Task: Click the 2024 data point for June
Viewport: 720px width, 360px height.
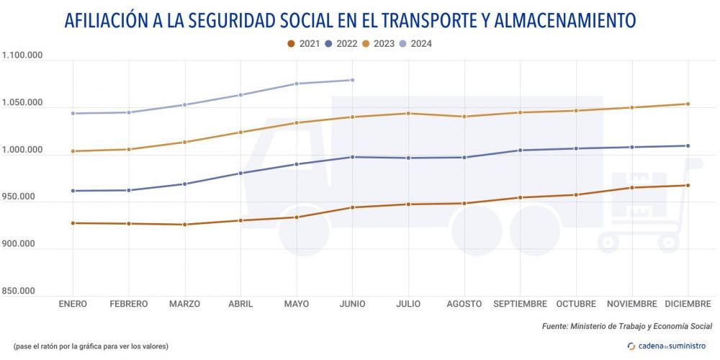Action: (352, 80)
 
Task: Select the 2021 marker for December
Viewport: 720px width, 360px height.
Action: (688, 186)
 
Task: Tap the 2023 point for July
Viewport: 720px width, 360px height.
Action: (408, 113)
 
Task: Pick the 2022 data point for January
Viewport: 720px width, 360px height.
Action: (73, 191)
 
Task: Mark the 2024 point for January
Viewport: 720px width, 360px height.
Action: (73, 113)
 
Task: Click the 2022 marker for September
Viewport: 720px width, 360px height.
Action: (520, 150)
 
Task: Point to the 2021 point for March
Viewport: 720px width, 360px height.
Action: (184, 225)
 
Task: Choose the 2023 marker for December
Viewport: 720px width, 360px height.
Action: (688, 104)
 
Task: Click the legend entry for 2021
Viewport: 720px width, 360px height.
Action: (302, 43)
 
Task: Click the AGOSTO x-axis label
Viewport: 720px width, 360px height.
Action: (464, 304)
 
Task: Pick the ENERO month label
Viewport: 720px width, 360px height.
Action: (73, 304)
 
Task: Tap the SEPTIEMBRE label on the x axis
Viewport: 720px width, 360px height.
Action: (520, 304)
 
